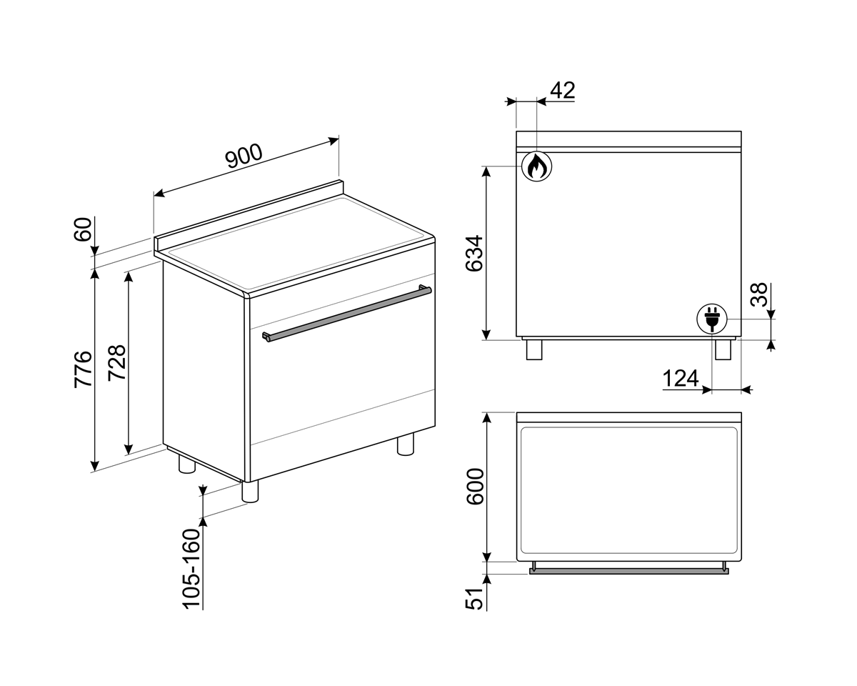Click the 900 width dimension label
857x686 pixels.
pyautogui.click(x=244, y=156)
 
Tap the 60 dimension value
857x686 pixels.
pyautogui.click(x=84, y=229)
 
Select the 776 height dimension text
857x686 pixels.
pyautogui.click(x=84, y=369)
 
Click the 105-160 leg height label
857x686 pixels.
pyautogui.click(x=191, y=569)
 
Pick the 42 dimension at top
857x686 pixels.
pyautogui.click(x=562, y=91)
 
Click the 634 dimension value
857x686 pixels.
pyautogui.click(x=475, y=253)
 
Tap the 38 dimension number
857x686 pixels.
pyautogui.click(x=760, y=294)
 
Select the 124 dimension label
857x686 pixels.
pyautogui.click(x=680, y=378)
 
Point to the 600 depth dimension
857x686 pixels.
pyautogui.click(x=475, y=487)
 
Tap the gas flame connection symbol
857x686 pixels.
pyautogui.click(x=536, y=166)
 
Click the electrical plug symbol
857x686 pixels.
pyautogui.click(x=711, y=318)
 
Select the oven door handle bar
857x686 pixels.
pyautogui.click(x=347, y=313)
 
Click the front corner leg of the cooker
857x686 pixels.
pyautogui.click(x=250, y=491)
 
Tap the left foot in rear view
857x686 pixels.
pyautogui.click(x=534, y=349)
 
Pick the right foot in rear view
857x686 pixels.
pyautogui.click(x=723, y=349)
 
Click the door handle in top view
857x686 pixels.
pyautogui.click(x=628, y=571)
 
